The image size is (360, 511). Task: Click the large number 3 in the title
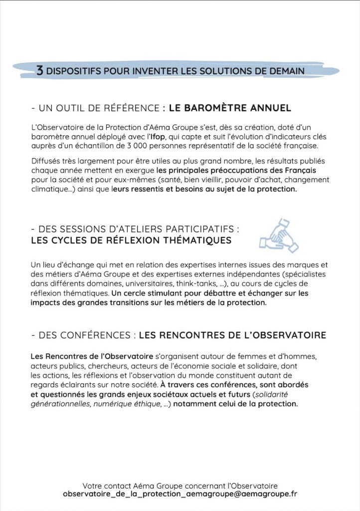(x=40, y=70)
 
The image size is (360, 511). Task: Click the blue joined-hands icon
(x=278, y=235)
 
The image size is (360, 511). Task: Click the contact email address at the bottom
(x=180, y=494)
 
